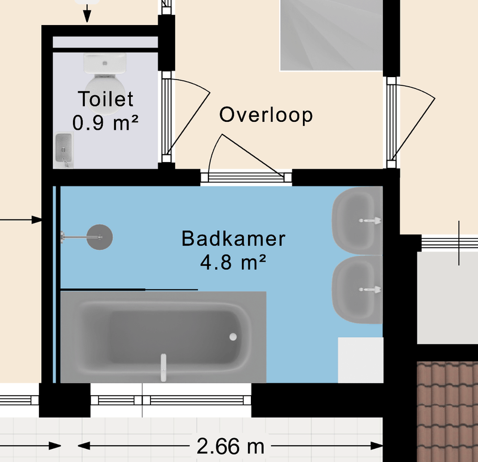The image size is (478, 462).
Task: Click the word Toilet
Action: click(105, 99)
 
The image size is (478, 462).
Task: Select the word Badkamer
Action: click(233, 239)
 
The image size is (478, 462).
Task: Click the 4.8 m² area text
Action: click(233, 262)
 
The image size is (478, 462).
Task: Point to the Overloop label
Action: click(266, 115)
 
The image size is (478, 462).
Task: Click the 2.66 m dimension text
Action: click(229, 446)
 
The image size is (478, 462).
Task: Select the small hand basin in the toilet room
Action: click(63, 148)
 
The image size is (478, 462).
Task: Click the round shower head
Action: click(100, 237)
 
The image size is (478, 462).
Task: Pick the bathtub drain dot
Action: click(233, 337)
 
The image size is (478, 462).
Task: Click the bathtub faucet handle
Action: click(162, 368)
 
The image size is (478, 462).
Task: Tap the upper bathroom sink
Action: click(357, 220)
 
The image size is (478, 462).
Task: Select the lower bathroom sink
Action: click(357, 289)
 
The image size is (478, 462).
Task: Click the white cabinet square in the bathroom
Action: click(360, 360)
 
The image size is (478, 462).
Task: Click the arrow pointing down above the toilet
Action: click(87, 15)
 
